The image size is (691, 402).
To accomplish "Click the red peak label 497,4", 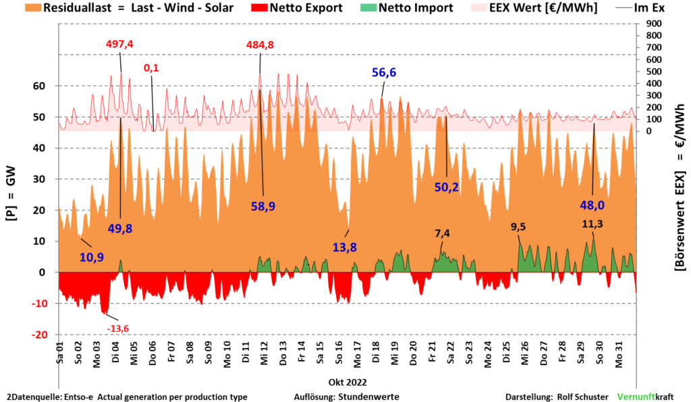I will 119,45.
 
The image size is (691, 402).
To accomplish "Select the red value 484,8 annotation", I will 260,45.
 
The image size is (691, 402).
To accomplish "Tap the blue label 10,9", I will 92,258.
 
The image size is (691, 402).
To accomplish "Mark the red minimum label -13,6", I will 117,328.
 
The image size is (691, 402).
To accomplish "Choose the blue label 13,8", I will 345,247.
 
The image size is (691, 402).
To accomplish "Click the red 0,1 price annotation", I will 151,68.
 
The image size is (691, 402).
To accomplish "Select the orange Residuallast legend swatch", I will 32,8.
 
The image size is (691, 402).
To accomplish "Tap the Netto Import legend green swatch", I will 368,8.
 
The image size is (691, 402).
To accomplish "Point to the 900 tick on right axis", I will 654,24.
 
